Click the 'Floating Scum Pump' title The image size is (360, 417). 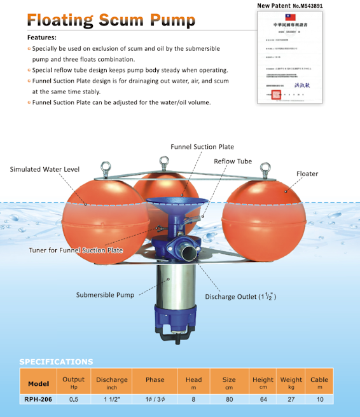[x=111, y=21]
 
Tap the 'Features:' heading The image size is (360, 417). [x=42, y=38]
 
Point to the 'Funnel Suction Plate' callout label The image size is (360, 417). [x=202, y=146]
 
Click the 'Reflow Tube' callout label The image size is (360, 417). [x=233, y=161]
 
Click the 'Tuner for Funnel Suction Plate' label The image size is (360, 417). [x=76, y=250]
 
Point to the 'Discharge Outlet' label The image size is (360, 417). [x=239, y=297]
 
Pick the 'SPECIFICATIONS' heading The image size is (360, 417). [x=56, y=362]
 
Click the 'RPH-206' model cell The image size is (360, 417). [x=39, y=400]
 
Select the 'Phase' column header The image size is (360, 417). [x=155, y=380]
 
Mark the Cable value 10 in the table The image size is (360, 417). [x=319, y=400]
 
